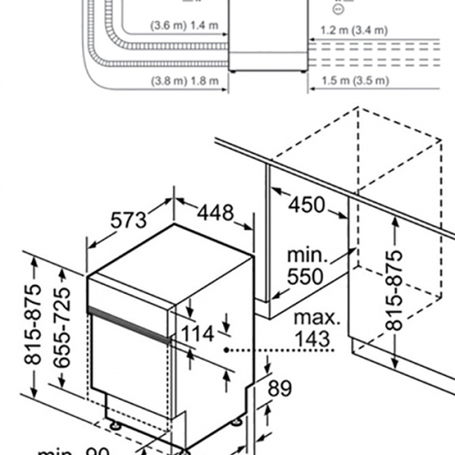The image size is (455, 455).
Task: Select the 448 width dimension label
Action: pyautogui.click(x=208, y=212)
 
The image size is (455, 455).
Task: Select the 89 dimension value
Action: pyautogui.click(x=278, y=389)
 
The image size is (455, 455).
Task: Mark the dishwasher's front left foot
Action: pyautogui.click(x=114, y=421)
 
